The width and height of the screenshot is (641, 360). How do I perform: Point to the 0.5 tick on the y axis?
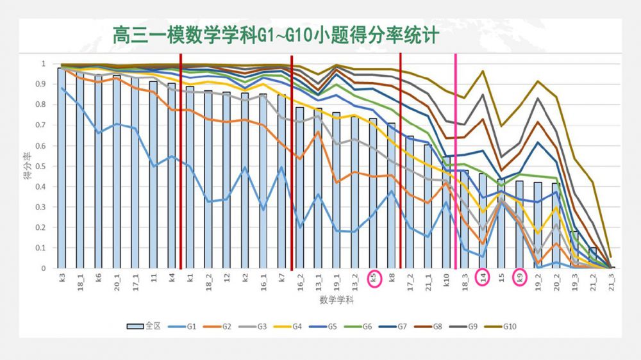(x=44, y=166)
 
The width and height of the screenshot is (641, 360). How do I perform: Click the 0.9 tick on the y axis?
(x=44, y=84)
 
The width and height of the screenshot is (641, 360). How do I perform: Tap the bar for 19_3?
(x=575, y=250)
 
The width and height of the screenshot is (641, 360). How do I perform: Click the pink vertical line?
(x=456, y=160)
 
